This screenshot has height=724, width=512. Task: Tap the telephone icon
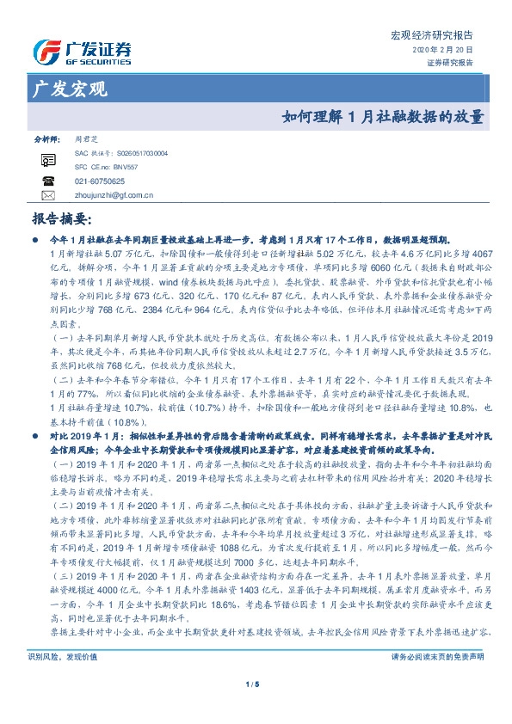click(48, 181)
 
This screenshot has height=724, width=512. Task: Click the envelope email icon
click(48, 195)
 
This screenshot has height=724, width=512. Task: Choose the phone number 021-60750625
click(99, 181)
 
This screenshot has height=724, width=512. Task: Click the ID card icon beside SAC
click(48, 158)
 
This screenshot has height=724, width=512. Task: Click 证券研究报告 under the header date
click(451, 63)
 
